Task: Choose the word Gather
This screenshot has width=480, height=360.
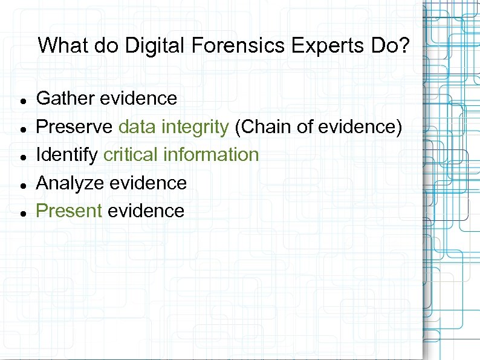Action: tap(66, 98)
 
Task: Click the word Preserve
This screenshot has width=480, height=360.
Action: tap(74, 126)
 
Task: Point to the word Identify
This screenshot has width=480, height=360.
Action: tap(67, 155)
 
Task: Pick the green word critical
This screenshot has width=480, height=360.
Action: tap(131, 155)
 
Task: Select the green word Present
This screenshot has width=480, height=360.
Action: tap(69, 211)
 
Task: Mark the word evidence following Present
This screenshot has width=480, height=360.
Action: tap(146, 211)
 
